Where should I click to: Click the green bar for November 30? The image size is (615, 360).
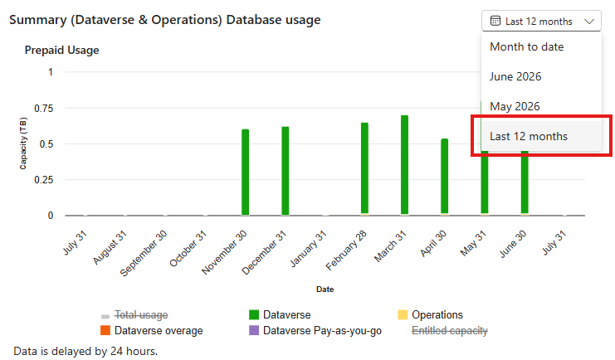tap(245, 172)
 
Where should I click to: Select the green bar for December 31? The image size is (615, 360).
tap(286, 171)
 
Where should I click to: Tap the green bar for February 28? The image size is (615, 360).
tap(364, 168)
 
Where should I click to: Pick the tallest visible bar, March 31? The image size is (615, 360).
tap(404, 165)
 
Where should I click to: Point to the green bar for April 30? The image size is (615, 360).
tap(444, 177)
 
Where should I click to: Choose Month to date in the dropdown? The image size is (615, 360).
tap(527, 47)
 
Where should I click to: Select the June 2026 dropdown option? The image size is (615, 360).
tap(515, 76)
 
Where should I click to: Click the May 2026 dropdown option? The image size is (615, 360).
tap(515, 106)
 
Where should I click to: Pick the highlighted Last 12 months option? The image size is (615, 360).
tap(529, 137)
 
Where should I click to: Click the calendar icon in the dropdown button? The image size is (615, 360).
tap(495, 21)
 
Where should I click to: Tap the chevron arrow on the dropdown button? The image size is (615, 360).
tap(589, 22)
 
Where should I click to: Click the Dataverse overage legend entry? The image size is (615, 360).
tap(152, 331)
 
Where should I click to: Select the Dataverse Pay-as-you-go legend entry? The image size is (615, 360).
tap(315, 331)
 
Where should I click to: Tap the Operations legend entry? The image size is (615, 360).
tap(430, 315)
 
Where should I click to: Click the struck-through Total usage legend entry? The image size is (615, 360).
tap(134, 315)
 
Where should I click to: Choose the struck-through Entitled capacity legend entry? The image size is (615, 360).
tap(450, 331)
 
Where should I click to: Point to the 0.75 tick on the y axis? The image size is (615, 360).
tap(43, 108)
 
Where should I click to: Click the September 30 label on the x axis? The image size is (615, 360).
tap(144, 253)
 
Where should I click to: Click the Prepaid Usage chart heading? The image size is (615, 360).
tap(62, 51)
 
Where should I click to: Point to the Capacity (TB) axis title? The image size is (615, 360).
tap(23, 144)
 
